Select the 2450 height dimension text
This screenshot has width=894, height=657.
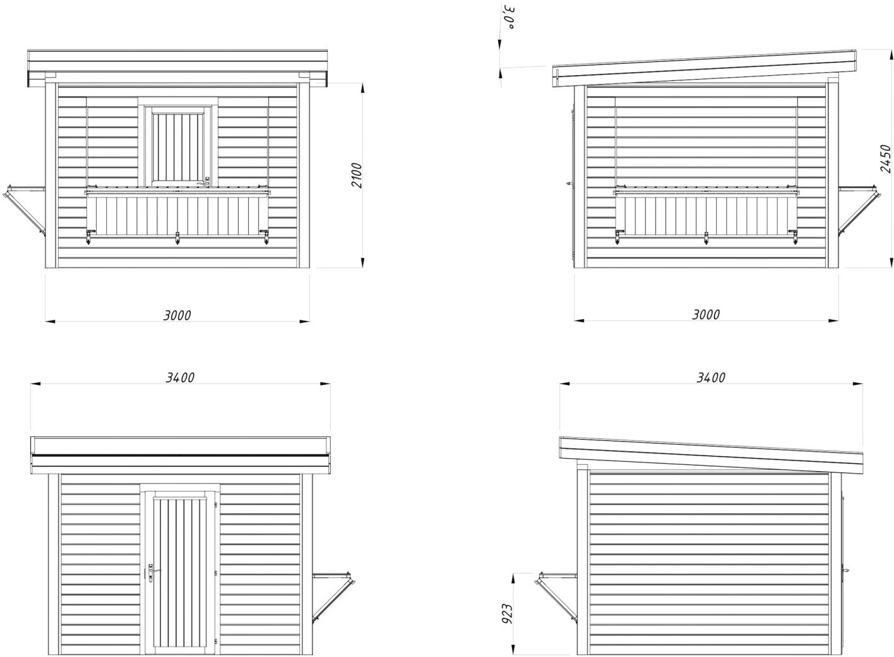tap(885, 159)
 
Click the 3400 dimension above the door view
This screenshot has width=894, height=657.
tap(180, 378)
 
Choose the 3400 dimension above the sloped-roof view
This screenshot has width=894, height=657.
tap(710, 378)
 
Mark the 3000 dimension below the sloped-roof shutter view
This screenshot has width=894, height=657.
tap(706, 315)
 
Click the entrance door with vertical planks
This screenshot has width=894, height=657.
tap(181, 572)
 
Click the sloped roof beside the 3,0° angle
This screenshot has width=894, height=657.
tap(704, 68)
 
